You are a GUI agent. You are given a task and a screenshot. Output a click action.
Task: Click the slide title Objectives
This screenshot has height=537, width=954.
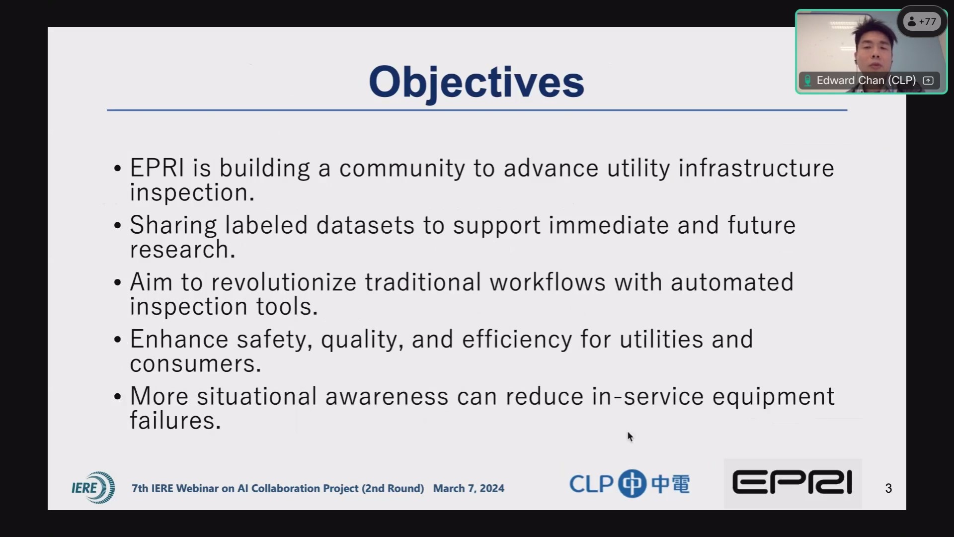476,83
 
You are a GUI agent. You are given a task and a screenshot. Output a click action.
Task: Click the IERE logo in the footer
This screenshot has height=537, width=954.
93,487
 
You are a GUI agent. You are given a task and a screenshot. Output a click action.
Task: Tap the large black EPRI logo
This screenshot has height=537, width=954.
793,483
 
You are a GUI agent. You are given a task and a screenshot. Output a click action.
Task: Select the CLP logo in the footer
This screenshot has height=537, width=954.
630,483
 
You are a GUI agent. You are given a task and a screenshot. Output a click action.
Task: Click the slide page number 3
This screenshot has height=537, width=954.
888,488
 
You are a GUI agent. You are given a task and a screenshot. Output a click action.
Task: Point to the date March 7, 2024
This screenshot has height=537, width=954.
469,488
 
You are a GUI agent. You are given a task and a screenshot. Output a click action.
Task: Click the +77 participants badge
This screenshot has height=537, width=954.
922,21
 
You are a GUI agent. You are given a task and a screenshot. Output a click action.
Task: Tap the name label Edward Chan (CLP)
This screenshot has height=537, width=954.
866,81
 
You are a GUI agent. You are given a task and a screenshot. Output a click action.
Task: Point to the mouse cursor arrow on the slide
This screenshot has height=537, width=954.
630,437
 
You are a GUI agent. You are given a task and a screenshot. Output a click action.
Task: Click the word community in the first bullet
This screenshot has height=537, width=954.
402,169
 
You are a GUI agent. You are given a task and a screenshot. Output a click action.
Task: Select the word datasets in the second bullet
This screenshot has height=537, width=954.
365,225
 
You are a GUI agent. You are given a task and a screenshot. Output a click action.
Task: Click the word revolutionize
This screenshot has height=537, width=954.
284,282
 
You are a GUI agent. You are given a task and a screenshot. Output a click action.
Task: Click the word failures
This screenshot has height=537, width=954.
175,421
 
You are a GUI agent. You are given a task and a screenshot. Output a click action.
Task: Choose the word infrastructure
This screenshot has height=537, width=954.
756,168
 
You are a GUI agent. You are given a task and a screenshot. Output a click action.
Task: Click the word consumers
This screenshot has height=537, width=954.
195,364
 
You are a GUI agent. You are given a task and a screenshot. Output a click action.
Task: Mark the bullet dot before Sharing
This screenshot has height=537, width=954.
118,226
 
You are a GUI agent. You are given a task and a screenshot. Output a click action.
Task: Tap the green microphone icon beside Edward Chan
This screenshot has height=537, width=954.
807,81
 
